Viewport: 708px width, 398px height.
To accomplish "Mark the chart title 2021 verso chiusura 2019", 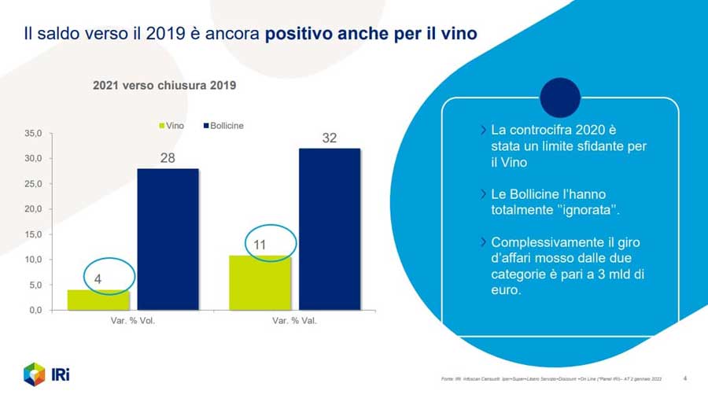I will (164, 85).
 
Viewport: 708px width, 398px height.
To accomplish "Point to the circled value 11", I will (260, 245).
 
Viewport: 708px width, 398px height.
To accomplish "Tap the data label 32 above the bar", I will (329, 138).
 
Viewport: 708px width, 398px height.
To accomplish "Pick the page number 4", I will (684, 378).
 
